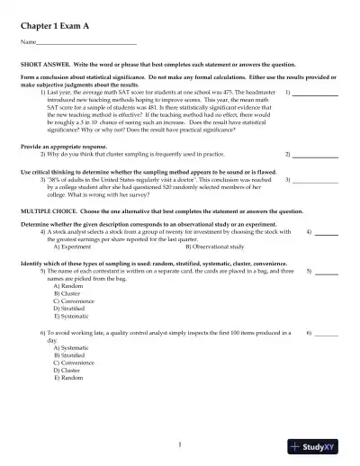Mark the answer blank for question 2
pos(320,155)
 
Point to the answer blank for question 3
pos(320,180)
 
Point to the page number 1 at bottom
pos(180,444)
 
